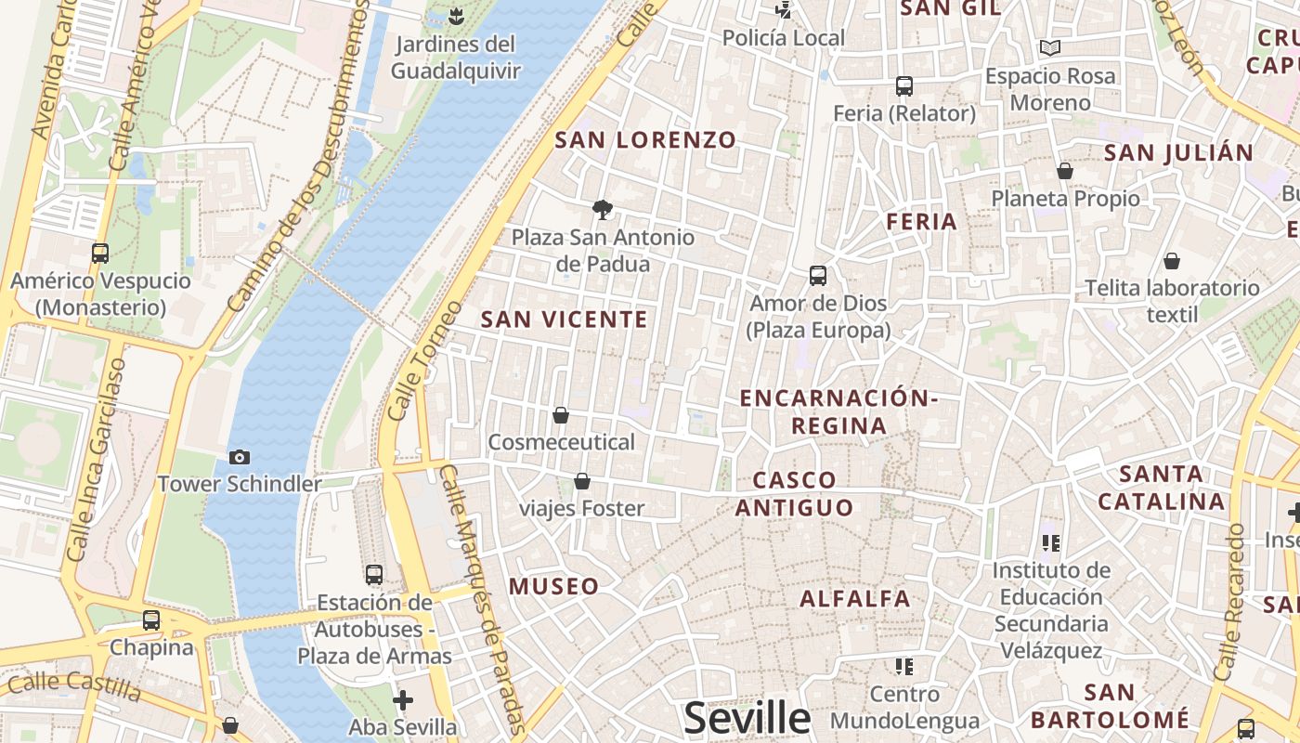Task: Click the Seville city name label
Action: coord(747,718)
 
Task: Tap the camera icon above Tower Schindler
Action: coord(240,457)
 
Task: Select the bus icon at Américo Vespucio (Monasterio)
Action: coord(99,253)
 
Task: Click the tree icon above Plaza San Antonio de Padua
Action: coord(603,210)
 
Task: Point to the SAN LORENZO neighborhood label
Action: coord(645,140)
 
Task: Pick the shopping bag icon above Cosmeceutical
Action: coord(560,415)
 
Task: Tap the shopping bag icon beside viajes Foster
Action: coord(581,481)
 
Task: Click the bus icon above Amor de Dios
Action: coord(817,276)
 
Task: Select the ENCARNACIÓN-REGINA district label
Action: coord(838,411)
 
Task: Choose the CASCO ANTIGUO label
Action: coord(794,493)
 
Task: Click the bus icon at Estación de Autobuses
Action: coord(373,575)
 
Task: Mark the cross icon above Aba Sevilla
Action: coord(402,699)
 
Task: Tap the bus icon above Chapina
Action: coord(150,619)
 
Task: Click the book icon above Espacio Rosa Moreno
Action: coord(1050,47)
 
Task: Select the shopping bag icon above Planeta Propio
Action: coord(1065,172)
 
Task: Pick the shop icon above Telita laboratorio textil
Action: coord(1172,261)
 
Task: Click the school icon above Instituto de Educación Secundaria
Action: coord(1050,542)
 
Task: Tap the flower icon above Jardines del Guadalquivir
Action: coord(455,16)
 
